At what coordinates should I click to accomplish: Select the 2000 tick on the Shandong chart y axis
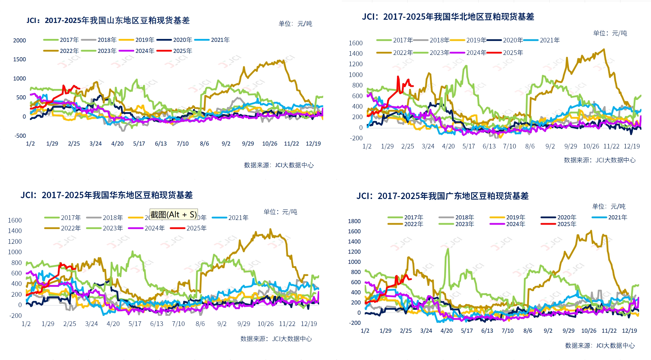19,40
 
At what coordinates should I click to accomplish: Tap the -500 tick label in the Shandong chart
20,136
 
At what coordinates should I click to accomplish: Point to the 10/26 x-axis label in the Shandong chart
270,144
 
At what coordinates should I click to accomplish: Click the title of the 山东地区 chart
108,20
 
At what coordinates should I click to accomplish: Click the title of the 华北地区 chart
448,17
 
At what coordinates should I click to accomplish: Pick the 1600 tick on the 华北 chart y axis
355,43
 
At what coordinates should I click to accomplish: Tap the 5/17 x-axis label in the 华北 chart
468,146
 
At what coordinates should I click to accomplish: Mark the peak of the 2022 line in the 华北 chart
604,49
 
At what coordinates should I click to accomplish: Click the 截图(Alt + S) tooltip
174,214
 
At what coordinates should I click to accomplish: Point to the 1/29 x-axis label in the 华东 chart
48,324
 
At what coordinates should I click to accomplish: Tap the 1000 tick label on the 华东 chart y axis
15,252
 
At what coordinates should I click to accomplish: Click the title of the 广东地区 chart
442,196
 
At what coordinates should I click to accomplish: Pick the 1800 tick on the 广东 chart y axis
354,221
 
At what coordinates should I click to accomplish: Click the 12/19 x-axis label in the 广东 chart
629,331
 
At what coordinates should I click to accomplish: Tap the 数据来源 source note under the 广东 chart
600,345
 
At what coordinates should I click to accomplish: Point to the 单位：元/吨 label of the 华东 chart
280,212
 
